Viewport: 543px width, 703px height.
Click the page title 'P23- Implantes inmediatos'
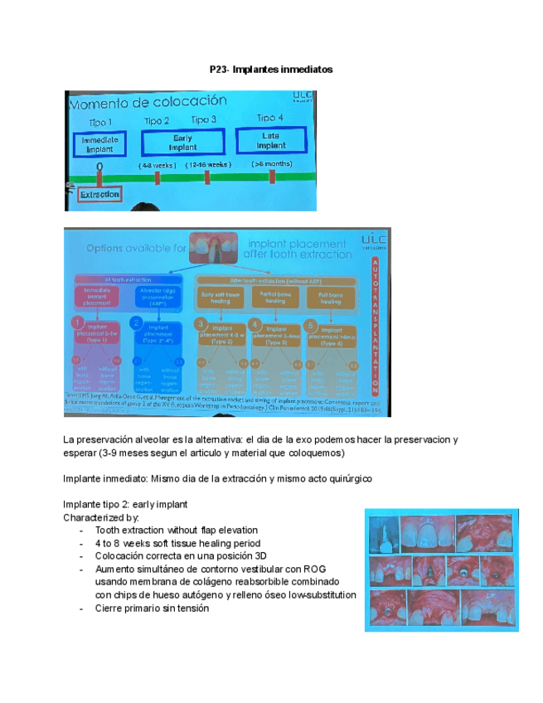271,70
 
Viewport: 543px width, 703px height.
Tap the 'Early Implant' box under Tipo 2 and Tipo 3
182,143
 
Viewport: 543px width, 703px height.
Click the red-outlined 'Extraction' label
99,194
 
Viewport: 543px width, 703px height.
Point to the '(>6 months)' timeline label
272,164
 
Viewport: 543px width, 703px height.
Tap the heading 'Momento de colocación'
147,102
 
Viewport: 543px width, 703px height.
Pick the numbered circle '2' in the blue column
138,322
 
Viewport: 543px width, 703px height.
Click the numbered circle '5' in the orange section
311,323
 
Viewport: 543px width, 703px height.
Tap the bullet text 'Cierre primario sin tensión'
152,608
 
